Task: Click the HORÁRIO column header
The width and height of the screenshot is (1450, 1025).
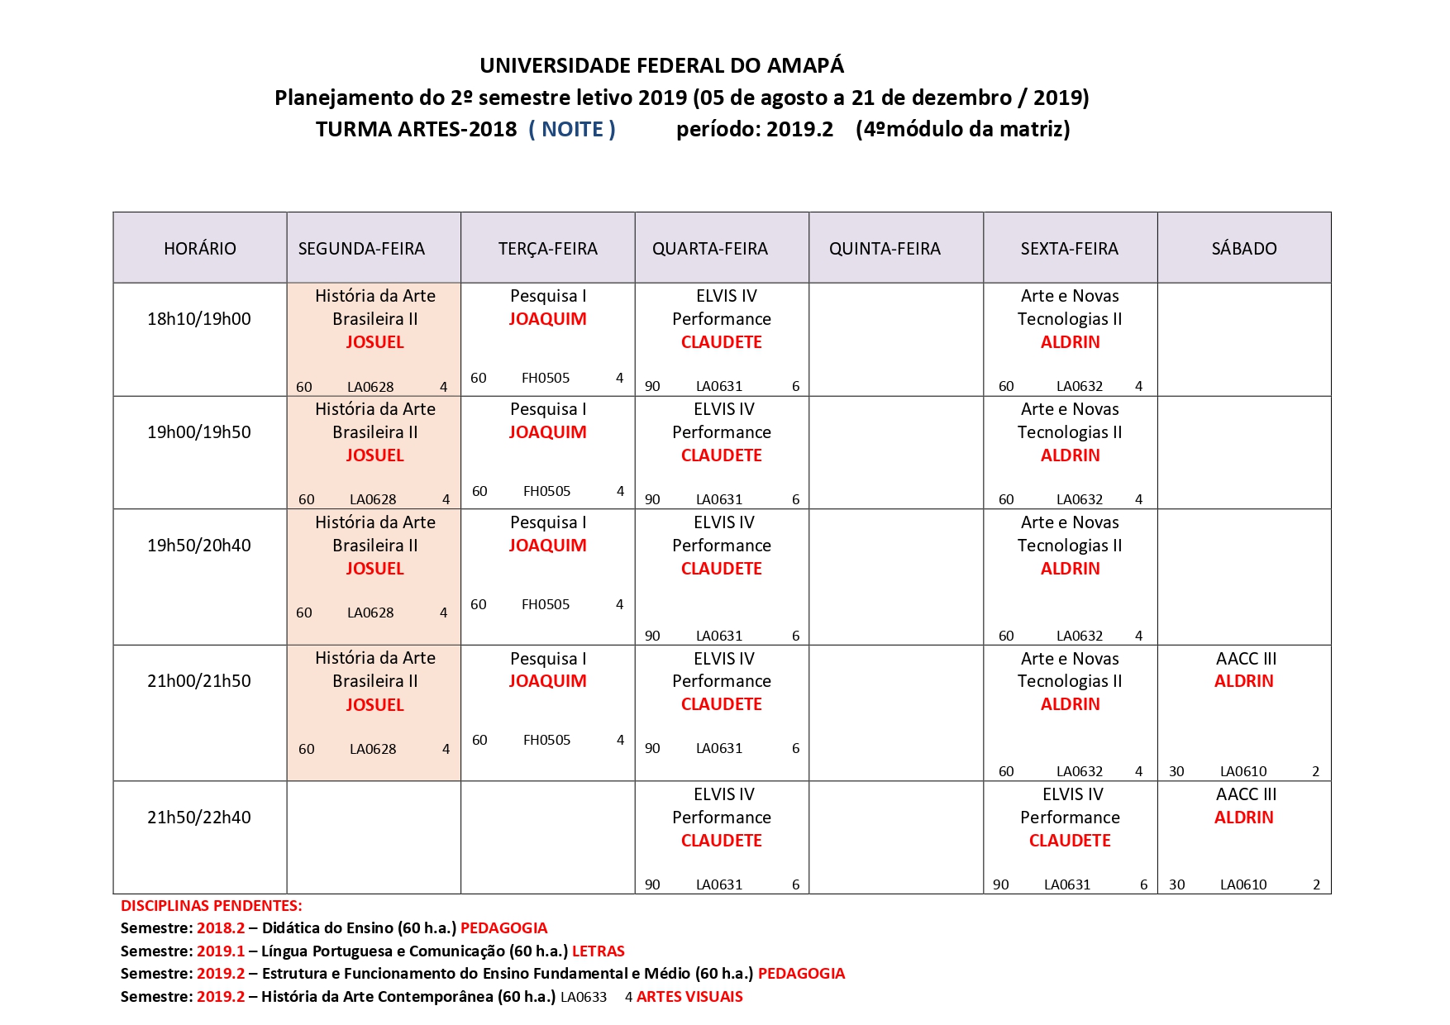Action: tap(200, 249)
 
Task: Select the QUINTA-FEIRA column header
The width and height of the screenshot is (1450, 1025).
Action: tap(885, 249)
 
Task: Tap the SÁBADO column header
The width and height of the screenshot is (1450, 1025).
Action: tap(1244, 249)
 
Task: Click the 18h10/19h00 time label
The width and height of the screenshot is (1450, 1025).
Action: tap(199, 319)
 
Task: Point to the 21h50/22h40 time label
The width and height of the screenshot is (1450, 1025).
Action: tap(199, 818)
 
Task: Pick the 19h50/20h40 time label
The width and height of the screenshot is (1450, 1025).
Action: tap(199, 546)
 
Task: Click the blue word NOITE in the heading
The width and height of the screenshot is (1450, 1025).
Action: tap(572, 130)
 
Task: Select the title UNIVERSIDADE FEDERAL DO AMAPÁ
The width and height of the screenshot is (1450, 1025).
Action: tap(661, 66)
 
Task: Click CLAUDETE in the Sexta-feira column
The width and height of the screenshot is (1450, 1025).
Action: tap(1070, 841)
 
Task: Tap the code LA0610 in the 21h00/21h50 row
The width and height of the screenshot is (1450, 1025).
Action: tap(1243, 772)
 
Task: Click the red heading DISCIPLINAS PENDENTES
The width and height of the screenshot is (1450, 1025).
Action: tap(212, 906)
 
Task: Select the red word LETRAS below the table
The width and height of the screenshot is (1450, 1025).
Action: tap(599, 951)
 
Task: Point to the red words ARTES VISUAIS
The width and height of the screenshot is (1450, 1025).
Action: tap(689, 997)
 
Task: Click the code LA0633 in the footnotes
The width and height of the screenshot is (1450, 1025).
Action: tap(584, 998)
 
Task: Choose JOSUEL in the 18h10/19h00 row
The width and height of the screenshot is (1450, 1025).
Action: tap(374, 342)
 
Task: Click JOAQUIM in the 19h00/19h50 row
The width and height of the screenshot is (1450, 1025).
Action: tap(547, 432)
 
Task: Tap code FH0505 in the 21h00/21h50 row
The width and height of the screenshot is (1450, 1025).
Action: tap(546, 741)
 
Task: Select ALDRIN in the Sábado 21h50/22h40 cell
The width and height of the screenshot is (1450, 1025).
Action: tap(1243, 818)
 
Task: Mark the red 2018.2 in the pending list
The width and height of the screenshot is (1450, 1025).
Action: tap(221, 928)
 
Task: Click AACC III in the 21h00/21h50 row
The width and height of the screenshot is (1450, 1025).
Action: tap(1246, 659)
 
